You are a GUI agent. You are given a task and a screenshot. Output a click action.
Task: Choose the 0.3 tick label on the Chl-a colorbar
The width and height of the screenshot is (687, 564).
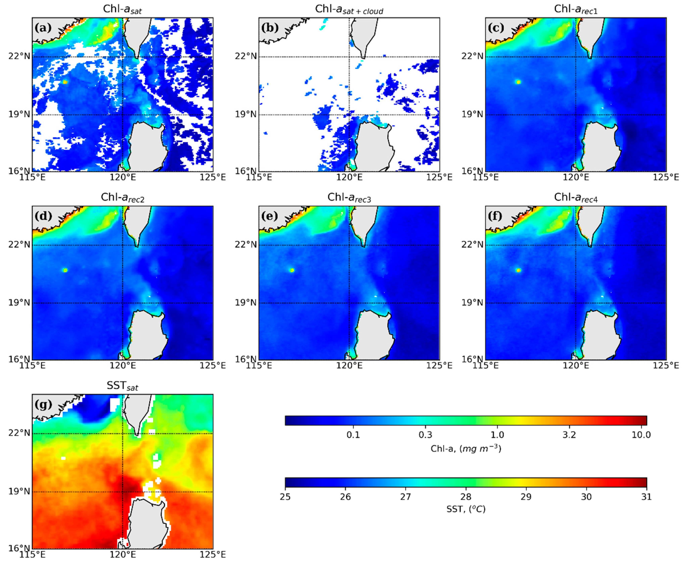pos(425,435)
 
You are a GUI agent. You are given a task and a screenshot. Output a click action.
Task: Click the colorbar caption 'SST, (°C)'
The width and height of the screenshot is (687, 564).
pos(466,509)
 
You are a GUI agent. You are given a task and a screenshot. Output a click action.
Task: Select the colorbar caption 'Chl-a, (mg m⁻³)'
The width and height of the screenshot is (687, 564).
pos(466,449)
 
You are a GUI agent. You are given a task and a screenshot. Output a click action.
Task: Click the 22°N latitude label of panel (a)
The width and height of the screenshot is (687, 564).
pos(19,56)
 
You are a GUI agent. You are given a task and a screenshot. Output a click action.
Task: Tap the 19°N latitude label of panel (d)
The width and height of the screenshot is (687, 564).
pos(19,303)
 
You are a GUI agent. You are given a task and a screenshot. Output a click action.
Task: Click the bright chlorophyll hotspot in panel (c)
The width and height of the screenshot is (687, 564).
pos(518,82)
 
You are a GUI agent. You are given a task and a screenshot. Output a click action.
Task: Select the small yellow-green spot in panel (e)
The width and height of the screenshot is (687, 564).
pos(292,270)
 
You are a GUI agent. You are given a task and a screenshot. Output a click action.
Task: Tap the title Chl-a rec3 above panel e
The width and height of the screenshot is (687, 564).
pos(349,197)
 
